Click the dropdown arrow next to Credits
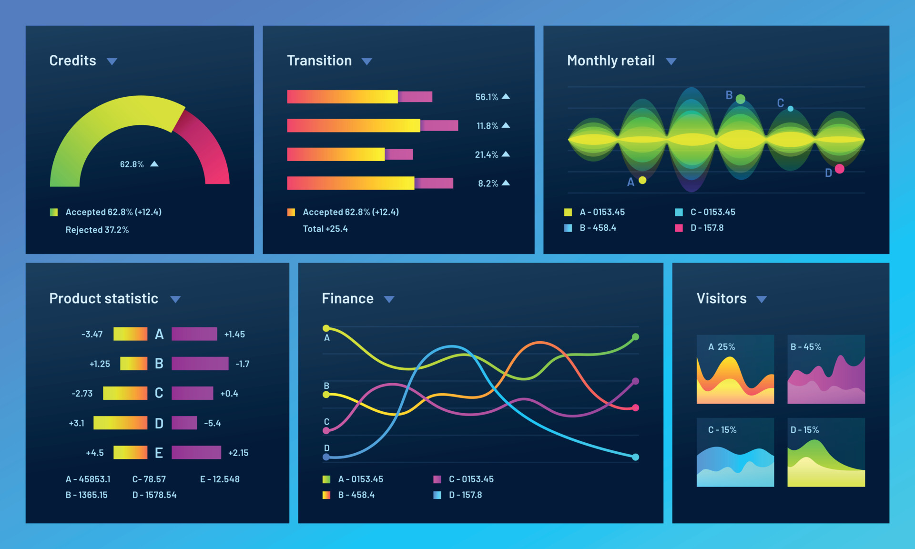click(x=112, y=61)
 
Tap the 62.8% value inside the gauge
click(x=132, y=164)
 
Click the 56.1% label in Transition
click(x=486, y=97)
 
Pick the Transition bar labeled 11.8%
click(x=372, y=126)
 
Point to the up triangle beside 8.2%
click(x=506, y=183)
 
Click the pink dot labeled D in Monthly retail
click(x=840, y=169)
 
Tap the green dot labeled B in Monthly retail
click(x=740, y=99)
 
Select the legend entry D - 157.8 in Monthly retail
click(x=707, y=228)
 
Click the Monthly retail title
click(x=610, y=61)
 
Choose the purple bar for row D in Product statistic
click(x=184, y=423)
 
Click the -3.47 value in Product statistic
click(x=92, y=335)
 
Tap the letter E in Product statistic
click(x=159, y=453)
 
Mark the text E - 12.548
click(x=220, y=479)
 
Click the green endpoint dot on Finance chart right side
click(x=635, y=337)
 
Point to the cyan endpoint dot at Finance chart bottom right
click(x=635, y=457)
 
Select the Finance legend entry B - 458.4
click(x=356, y=495)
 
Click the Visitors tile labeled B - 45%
click(x=826, y=369)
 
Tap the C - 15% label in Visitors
click(x=722, y=430)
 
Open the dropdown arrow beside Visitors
click(x=762, y=299)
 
